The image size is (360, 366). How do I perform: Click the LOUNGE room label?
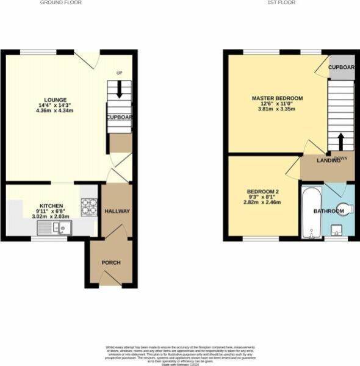[55, 100]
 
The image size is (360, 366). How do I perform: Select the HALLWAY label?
[116, 211]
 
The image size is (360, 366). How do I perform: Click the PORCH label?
[111, 262]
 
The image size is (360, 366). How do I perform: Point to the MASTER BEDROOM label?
[277, 98]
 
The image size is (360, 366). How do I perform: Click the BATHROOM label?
[328, 211]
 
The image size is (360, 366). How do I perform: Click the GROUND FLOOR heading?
[61, 2]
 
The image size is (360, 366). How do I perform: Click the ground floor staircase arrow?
[119, 90]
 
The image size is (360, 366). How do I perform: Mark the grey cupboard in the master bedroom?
[341, 68]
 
